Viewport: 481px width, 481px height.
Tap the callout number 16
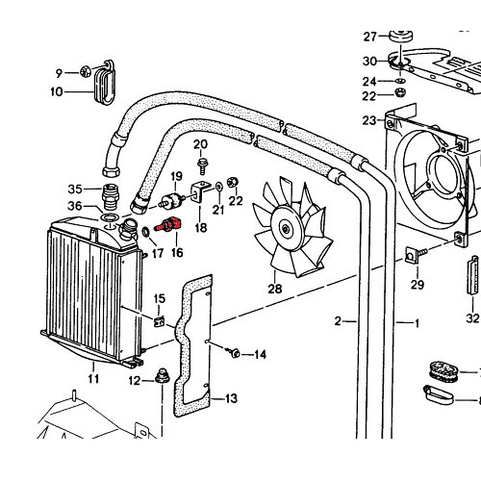click(177, 252)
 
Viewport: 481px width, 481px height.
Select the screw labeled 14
click(233, 353)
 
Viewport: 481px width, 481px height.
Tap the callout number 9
click(59, 72)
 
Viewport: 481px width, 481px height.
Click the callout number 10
click(56, 92)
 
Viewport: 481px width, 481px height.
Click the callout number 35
click(75, 188)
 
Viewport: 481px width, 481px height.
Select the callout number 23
click(369, 120)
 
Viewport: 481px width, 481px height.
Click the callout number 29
click(418, 285)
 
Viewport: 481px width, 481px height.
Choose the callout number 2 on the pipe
click(339, 320)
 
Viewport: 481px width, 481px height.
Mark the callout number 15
click(159, 298)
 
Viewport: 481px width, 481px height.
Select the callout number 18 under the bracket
click(200, 228)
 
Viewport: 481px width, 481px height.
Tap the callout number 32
click(472, 316)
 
